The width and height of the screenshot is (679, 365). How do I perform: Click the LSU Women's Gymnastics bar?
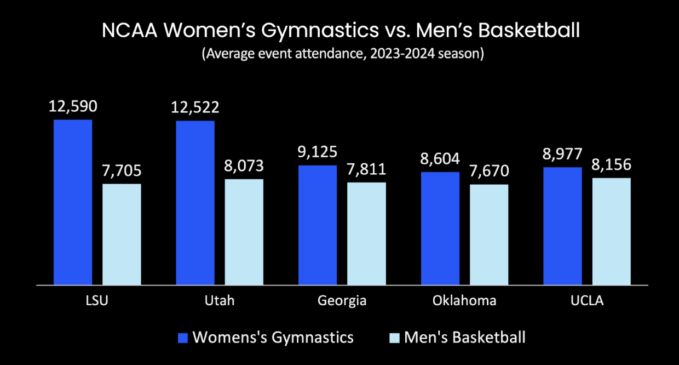(x=73, y=202)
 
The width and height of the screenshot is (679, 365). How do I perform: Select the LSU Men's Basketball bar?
(x=122, y=234)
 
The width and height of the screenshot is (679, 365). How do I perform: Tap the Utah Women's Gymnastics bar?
(x=195, y=202)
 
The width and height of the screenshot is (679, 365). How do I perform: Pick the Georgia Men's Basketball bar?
(x=366, y=233)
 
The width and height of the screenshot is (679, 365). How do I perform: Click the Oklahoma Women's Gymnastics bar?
(x=440, y=228)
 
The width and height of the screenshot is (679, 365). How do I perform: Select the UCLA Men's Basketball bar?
(x=612, y=231)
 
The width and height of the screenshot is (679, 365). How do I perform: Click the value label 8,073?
(x=244, y=166)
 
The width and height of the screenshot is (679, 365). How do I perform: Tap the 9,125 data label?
(x=318, y=152)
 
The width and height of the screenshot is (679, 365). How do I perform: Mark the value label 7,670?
(x=489, y=171)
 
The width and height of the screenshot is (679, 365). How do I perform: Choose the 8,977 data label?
(x=562, y=154)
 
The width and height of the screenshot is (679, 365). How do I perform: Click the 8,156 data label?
(x=611, y=165)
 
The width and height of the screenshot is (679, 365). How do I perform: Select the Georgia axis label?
(x=342, y=301)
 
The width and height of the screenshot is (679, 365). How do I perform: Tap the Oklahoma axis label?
(x=464, y=301)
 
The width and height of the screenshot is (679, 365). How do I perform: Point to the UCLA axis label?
(x=586, y=301)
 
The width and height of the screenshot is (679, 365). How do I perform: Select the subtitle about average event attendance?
(x=342, y=55)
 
